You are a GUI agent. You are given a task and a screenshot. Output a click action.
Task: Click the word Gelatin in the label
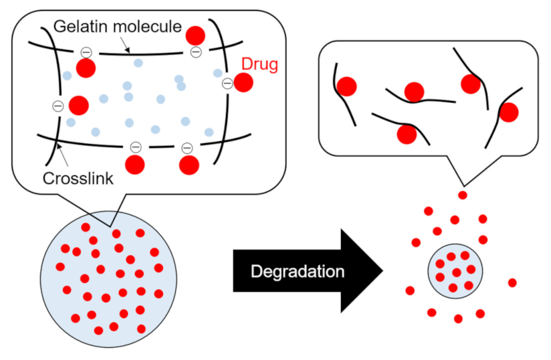pos(76,27)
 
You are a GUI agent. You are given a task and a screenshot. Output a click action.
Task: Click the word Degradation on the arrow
pos(298,271)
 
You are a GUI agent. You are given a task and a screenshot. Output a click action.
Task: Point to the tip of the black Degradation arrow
pos(382,271)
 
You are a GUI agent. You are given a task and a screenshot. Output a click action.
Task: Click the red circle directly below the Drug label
pos(243,83)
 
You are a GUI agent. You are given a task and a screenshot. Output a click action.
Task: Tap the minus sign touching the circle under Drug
pos(227,84)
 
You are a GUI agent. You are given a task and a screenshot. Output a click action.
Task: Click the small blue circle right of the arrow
pos(455,270)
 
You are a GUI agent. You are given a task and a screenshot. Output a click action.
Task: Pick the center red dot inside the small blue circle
pos(456,272)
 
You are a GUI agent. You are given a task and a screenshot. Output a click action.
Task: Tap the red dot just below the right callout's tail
pos(462,195)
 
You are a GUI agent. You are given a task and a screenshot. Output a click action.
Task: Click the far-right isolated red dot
pos(512,282)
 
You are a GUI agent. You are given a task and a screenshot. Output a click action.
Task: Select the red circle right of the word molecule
pos(195,35)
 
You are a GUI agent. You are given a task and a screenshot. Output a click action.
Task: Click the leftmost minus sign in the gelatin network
pos(58,106)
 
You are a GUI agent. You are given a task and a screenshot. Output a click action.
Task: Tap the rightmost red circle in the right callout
pos(509,112)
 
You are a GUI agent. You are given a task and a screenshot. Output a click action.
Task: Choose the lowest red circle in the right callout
pos(407,134)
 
